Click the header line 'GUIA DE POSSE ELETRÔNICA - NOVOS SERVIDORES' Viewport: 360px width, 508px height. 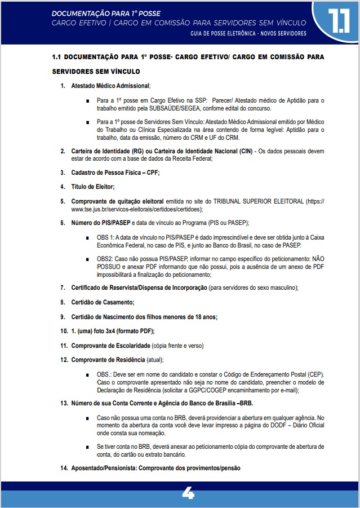coord(248,34)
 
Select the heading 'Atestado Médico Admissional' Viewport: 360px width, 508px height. coord(110,86)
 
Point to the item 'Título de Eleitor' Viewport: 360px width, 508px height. coord(92,187)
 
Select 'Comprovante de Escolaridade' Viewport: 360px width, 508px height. coord(110,345)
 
